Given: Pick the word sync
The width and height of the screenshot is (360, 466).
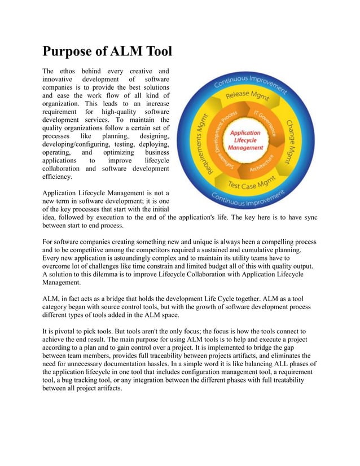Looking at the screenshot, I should (308, 217).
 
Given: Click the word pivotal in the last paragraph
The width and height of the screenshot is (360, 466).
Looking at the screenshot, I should (67, 331).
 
